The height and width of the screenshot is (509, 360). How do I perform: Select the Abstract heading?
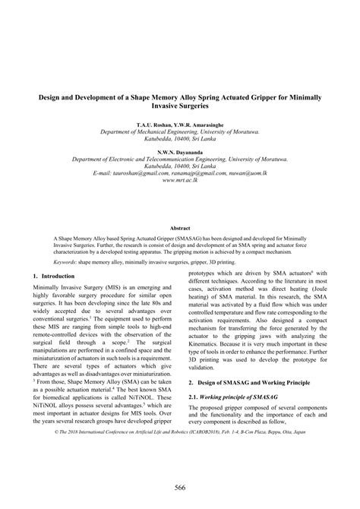pos(180,227)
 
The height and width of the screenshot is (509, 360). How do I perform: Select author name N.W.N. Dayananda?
pos(180,153)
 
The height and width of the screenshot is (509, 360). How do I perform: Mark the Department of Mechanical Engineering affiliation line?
pos(180,131)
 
